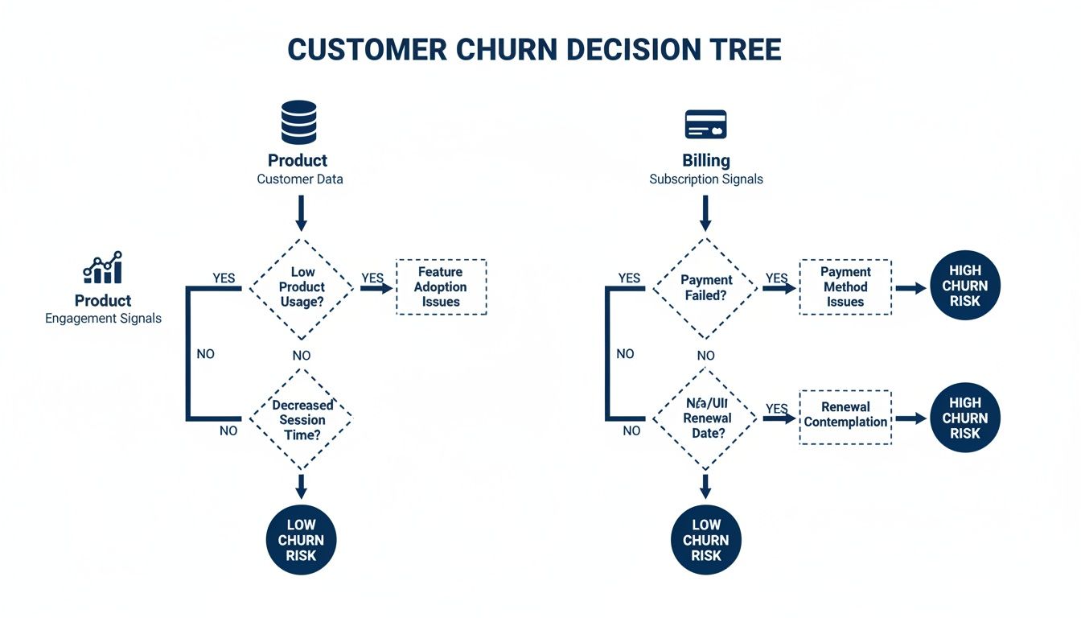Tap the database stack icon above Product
298,122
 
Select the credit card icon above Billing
705,125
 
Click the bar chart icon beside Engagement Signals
103,267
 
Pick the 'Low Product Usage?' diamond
302,287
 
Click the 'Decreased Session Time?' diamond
302,419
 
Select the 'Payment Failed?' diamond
705,287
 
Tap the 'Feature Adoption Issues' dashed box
441,287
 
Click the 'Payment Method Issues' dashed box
845,287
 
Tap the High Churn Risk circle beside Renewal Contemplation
964,418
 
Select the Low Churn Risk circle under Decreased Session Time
301,540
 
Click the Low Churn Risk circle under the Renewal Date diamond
705,540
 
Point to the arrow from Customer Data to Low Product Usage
302,213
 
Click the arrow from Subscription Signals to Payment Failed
705,213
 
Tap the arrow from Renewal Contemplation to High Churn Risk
910,418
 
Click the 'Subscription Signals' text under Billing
705,179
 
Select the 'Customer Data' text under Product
299,179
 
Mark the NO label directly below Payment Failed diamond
705,356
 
